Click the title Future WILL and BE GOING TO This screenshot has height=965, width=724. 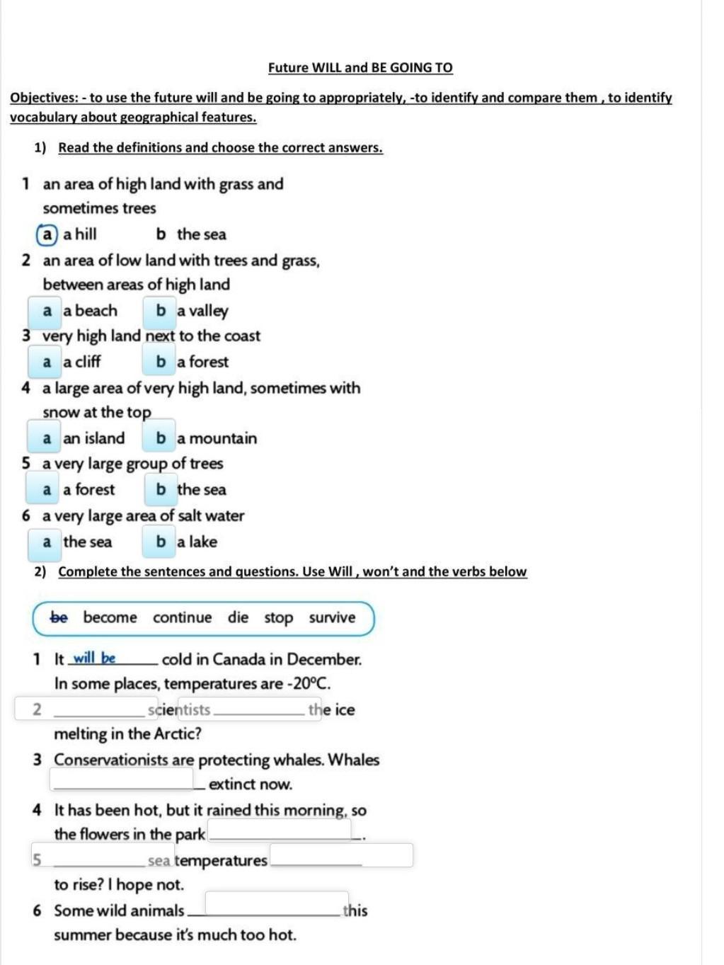[x=360, y=68]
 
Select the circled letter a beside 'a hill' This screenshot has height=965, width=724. [x=47, y=234]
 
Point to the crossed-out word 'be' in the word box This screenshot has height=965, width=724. [x=59, y=617]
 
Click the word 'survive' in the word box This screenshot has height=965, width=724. [x=332, y=617]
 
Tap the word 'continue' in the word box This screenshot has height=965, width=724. [x=182, y=617]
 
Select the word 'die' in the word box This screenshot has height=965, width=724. [x=238, y=617]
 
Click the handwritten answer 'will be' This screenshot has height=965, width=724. [x=95, y=658]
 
